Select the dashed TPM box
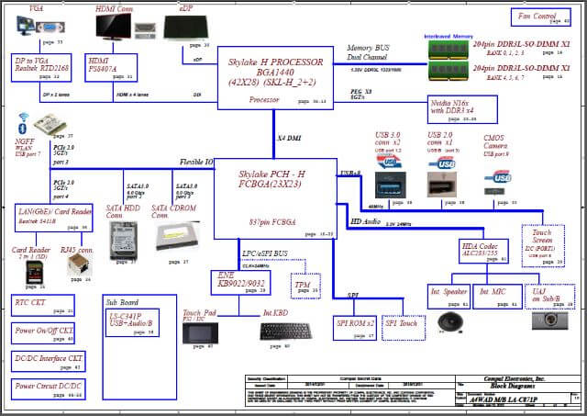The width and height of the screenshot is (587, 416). click(x=304, y=286)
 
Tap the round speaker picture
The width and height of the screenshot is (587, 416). click(x=449, y=323)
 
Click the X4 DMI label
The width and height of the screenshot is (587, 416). click(x=291, y=137)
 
